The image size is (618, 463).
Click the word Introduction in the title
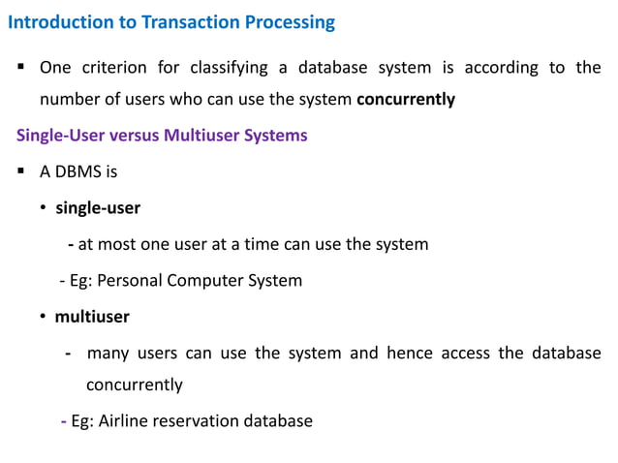pos(54,21)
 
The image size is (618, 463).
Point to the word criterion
pos(112,68)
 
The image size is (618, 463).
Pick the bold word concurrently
pos(406,99)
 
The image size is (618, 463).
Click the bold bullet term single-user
pos(98,207)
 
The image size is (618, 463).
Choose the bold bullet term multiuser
pos(92,316)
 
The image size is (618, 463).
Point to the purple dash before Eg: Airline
pos(63,421)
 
